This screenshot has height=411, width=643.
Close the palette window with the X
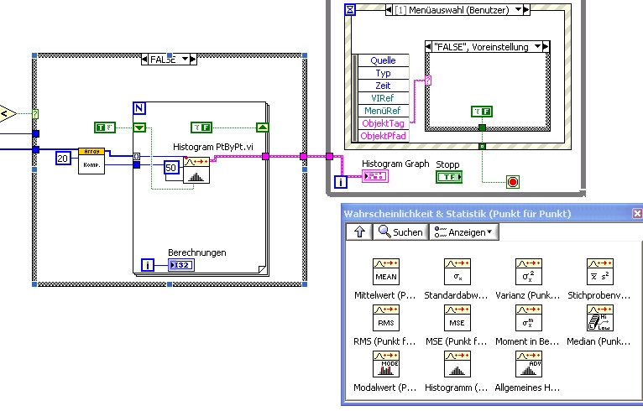(636, 214)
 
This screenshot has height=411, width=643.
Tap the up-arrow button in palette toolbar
(357, 232)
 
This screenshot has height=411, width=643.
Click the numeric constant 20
(63, 158)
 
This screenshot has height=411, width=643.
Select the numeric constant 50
(171, 168)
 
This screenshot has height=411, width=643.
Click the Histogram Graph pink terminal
(375, 175)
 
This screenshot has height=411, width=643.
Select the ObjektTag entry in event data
(384, 123)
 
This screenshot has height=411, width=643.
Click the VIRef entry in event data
(384, 98)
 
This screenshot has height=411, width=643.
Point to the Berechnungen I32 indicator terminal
(180, 266)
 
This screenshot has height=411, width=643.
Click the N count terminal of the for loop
(140, 109)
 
